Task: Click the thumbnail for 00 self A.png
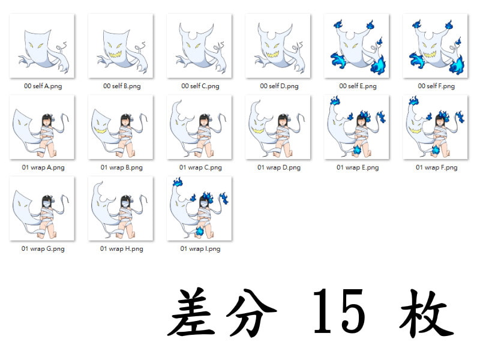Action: click(x=43, y=46)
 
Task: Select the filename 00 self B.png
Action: click(x=122, y=86)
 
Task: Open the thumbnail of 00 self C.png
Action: click(x=200, y=46)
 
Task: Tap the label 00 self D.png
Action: click(x=279, y=86)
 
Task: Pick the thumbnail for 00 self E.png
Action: click(x=357, y=46)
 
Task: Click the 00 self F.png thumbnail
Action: click(x=436, y=46)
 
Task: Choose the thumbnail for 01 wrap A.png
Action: click(x=43, y=127)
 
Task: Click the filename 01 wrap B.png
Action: click(x=122, y=167)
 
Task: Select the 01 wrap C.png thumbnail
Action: click(x=200, y=127)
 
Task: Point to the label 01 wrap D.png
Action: click(x=279, y=167)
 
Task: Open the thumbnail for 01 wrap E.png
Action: click(x=357, y=127)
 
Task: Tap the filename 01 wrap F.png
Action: click(x=436, y=167)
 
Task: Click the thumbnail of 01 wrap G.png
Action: click(x=43, y=208)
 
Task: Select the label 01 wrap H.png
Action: click(x=122, y=248)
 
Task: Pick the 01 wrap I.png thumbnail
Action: click(x=200, y=208)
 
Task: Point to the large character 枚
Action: click(x=427, y=312)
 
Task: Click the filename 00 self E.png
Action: click(x=358, y=86)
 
